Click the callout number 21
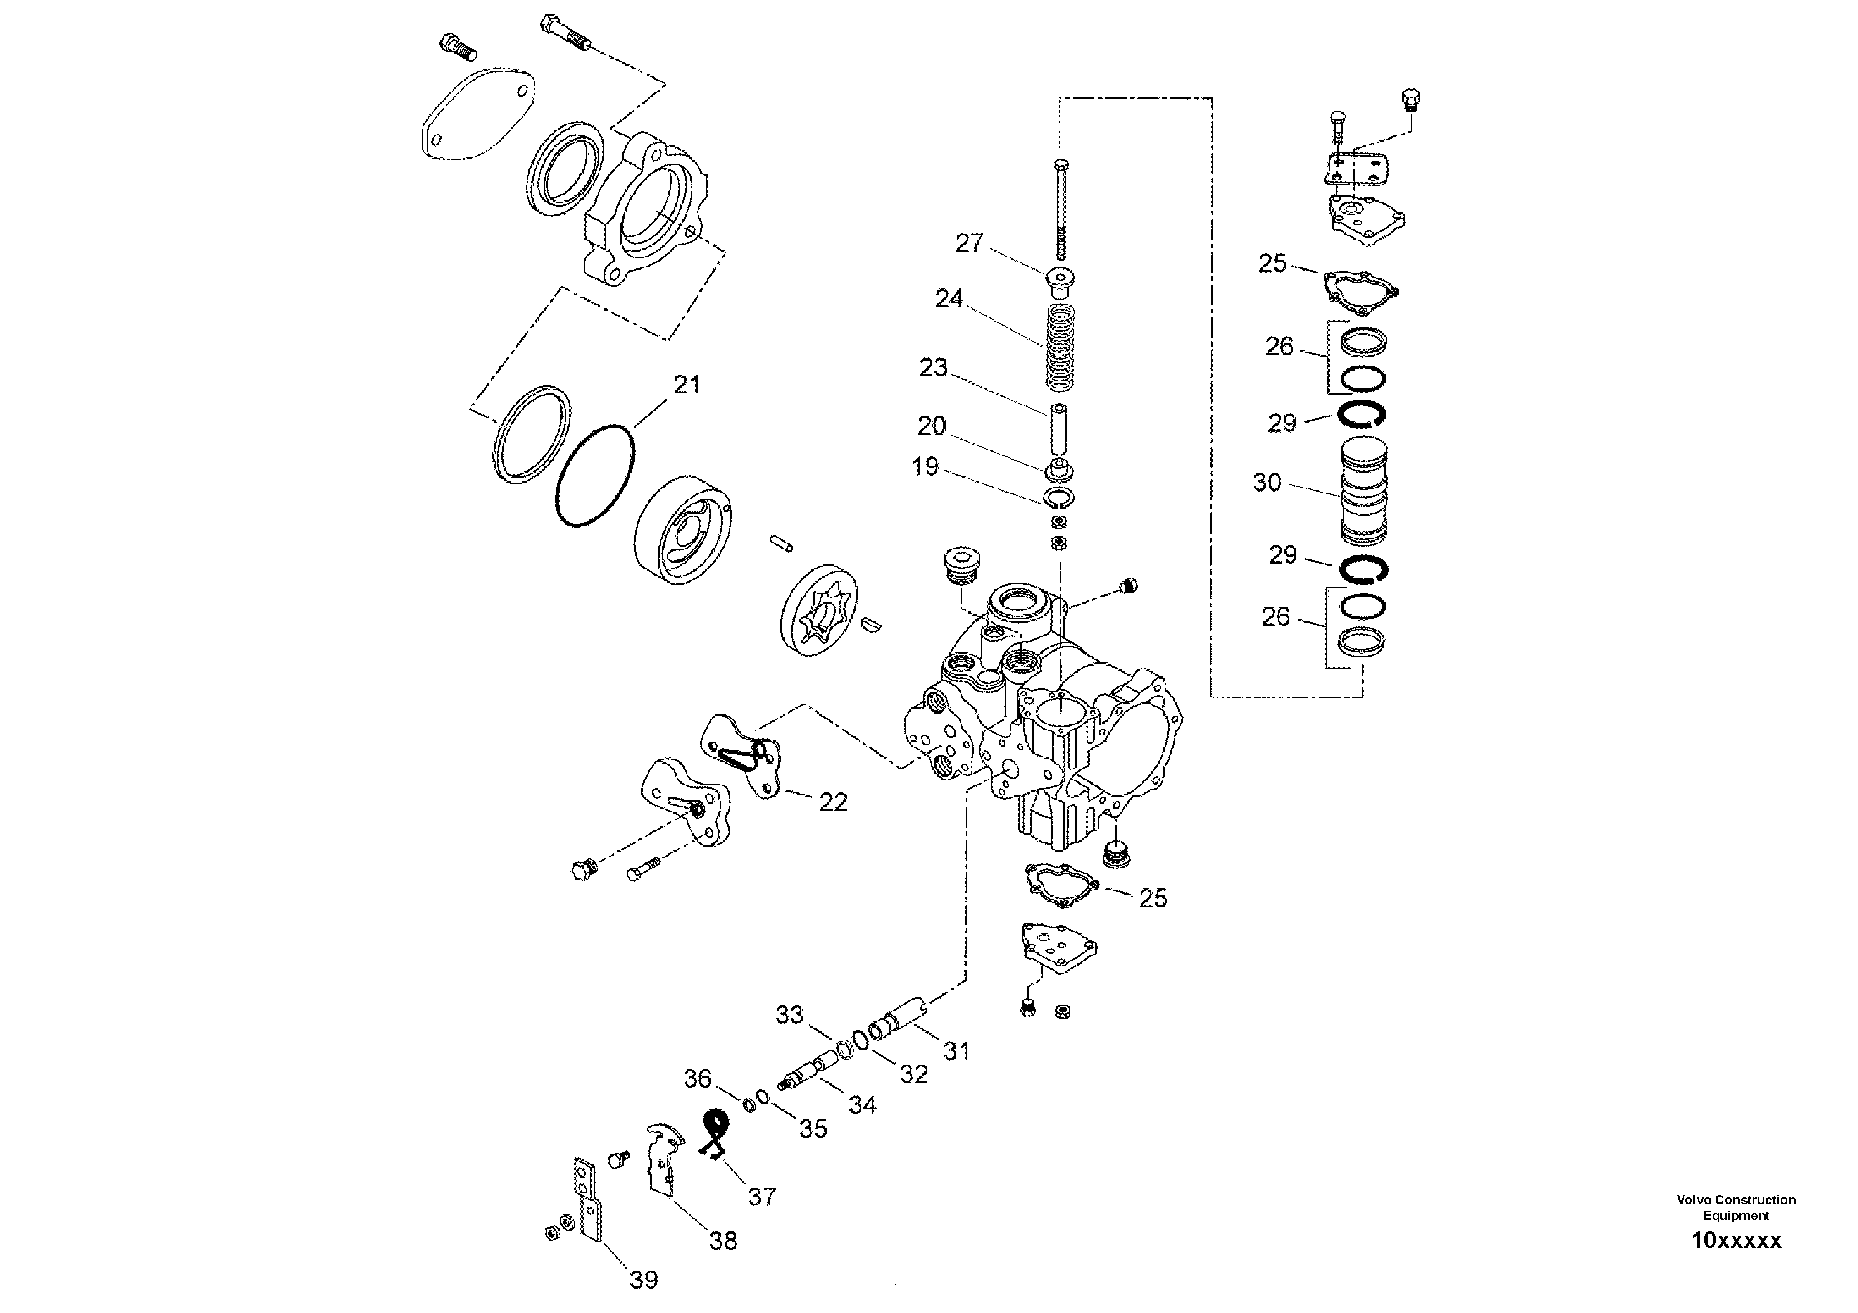coord(687,385)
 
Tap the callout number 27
coord(969,243)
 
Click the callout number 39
coord(644,1280)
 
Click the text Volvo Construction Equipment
coord(1736,1207)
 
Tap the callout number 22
coord(833,802)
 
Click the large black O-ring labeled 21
coord(595,477)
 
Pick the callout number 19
coord(925,466)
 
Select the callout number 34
coord(862,1105)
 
